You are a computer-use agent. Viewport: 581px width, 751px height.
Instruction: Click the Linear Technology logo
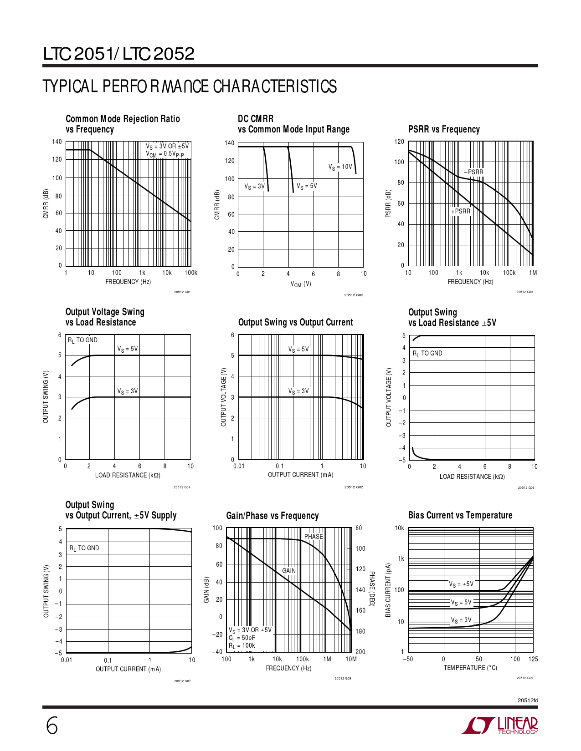tap(500, 726)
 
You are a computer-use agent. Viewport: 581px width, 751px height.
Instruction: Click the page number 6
tap(52, 726)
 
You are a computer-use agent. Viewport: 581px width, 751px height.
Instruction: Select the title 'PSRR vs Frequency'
tap(444, 129)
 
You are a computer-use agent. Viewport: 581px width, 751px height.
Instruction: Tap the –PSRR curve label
tap(474, 172)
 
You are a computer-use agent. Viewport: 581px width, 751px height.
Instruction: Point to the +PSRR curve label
tap(461, 211)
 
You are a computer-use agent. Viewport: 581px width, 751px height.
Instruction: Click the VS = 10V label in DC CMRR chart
tap(340, 167)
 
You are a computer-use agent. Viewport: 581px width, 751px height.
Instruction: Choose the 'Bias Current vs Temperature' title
tap(460, 515)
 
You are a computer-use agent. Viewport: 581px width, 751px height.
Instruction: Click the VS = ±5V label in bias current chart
tap(461, 584)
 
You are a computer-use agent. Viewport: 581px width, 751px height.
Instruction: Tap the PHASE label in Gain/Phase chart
tap(314, 537)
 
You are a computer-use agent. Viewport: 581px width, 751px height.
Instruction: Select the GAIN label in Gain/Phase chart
tap(289, 571)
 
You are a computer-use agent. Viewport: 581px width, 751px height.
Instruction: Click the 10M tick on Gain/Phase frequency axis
tap(351, 659)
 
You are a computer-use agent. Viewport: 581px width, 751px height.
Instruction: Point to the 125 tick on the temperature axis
tap(533, 659)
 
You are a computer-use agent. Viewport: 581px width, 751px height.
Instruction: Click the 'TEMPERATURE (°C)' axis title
tap(470, 668)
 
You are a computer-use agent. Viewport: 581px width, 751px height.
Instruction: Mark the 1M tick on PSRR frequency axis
tap(533, 273)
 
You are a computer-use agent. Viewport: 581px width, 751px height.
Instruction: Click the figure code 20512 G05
tap(354, 487)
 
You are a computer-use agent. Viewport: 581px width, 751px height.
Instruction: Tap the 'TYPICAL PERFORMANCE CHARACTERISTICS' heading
tap(190, 86)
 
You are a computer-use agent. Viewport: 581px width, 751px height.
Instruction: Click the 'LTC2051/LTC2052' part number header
tap(119, 54)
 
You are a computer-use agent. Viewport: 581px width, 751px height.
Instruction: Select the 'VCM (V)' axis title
tap(301, 284)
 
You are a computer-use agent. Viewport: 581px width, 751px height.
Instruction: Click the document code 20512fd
tap(528, 700)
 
